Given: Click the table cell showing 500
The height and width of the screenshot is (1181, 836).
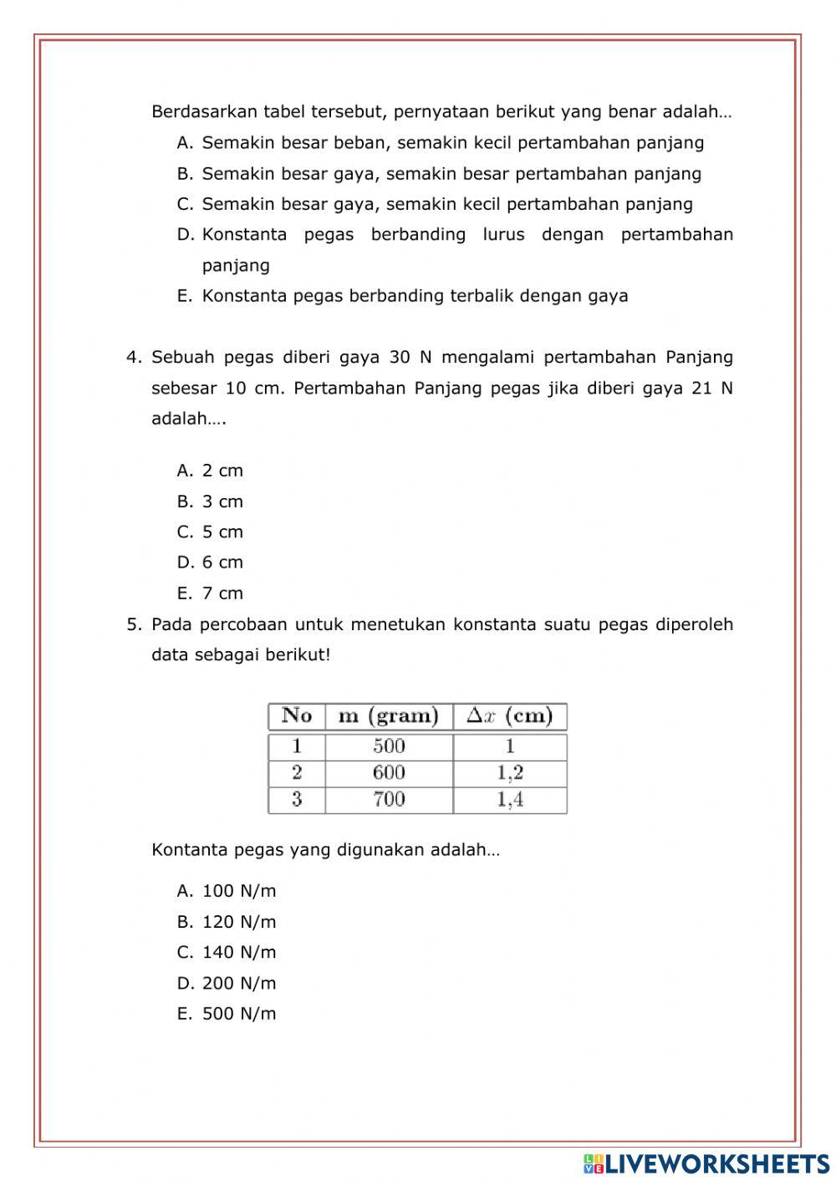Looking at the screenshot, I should (389, 746).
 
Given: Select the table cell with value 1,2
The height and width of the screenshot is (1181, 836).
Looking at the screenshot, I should (510, 773).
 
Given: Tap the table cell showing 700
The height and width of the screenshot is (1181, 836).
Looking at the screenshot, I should (389, 800).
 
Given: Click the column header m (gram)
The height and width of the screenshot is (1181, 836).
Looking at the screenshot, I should (389, 716).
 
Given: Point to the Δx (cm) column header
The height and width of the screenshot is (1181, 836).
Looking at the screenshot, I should (510, 716).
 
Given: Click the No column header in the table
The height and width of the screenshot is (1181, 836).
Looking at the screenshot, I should (297, 716).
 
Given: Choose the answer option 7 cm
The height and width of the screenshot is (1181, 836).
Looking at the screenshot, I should (222, 593).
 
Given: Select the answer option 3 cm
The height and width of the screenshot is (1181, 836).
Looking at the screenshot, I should (222, 501).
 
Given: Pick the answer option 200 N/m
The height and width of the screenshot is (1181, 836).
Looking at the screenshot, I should (238, 983).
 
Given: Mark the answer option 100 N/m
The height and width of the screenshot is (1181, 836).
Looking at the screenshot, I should (238, 891).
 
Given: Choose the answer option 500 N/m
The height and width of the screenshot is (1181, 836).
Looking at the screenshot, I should (238, 1014).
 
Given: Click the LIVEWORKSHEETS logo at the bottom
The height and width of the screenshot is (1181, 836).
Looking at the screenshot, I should (706, 1163).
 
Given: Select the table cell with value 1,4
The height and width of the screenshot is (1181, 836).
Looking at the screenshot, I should (510, 800).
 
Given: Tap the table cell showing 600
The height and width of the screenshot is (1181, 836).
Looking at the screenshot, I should (389, 773).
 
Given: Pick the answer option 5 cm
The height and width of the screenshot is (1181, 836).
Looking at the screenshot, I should (222, 532).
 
